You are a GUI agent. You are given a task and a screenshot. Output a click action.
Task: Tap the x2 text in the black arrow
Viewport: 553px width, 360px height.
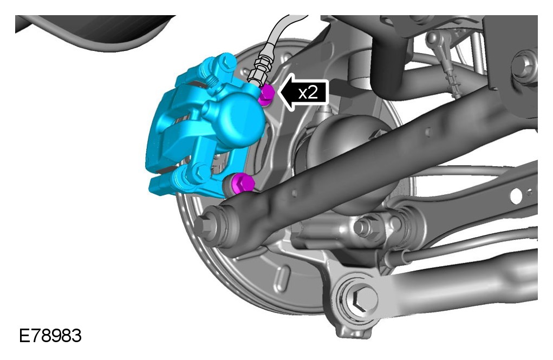pos(308,93)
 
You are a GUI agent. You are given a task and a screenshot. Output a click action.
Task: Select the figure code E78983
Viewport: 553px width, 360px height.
pos(50,336)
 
